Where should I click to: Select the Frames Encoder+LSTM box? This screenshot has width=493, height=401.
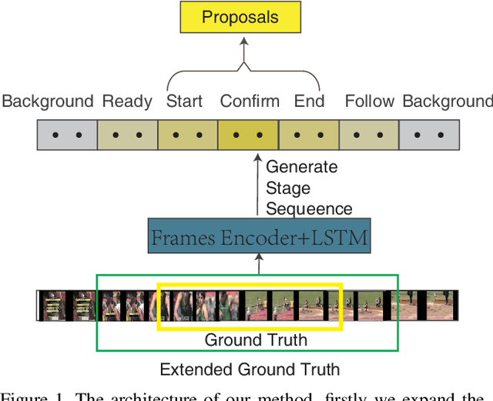click(x=259, y=238)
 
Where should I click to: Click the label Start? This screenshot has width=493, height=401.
click(x=185, y=102)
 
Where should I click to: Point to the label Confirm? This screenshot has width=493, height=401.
click(x=249, y=102)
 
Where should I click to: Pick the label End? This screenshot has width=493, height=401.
click(x=309, y=102)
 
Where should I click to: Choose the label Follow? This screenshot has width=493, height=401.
click(x=370, y=102)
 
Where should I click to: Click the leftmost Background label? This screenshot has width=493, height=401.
click(x=48, y=102)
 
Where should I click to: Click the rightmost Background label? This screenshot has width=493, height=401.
click(x=447, y=102)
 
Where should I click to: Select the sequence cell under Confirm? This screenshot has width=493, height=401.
click(x=248, y=135)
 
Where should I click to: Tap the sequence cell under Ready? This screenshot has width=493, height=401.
click(x=128, y=135)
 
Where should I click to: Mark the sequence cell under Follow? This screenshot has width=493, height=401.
click(x=368, y=135)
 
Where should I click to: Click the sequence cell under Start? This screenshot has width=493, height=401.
click(x=188, y=135)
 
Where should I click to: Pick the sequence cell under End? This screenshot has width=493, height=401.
click(x=308, y=135)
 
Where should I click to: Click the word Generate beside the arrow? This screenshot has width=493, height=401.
click(x=301, y=167)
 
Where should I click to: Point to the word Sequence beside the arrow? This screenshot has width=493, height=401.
click(x=309, y=209)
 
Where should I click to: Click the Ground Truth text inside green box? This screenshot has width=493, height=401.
click(x=255, y=339)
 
